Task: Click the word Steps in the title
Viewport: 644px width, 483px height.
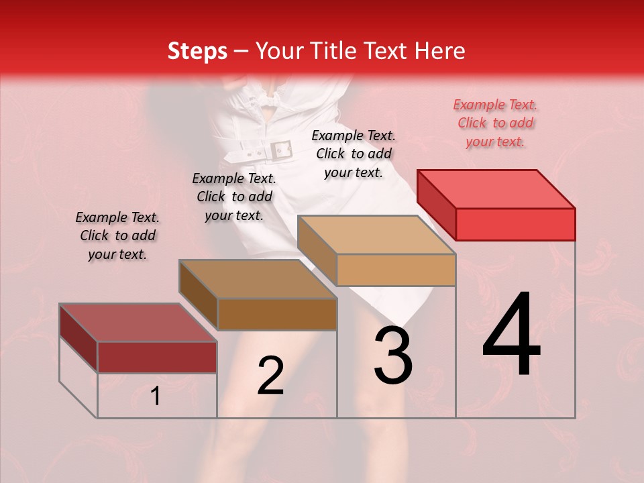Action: pos(197,52)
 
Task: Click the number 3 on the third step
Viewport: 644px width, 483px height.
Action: pos(392,356)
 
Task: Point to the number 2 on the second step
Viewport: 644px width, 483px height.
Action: pos(270,376)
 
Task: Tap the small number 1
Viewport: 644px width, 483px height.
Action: pos(156,396)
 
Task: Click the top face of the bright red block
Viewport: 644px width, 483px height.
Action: pos(496,189)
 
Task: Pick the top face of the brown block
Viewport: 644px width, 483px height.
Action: pos(258,279)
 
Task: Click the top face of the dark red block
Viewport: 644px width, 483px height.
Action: pos(138,323)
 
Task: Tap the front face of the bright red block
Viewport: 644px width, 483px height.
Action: pos(515,223)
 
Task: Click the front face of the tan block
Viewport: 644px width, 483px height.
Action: pos(396,270)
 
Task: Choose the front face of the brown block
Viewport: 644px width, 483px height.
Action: pos(276,314)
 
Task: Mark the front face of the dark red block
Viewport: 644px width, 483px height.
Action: pos(157,357)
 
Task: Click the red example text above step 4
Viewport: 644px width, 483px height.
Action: pos(495,123)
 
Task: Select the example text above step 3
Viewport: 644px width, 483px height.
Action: pos(354,154)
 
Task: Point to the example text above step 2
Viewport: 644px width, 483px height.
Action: pos(234,197)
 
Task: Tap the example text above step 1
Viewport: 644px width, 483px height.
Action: pos(117,235)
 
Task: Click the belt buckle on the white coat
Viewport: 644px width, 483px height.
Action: pos(280,150)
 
